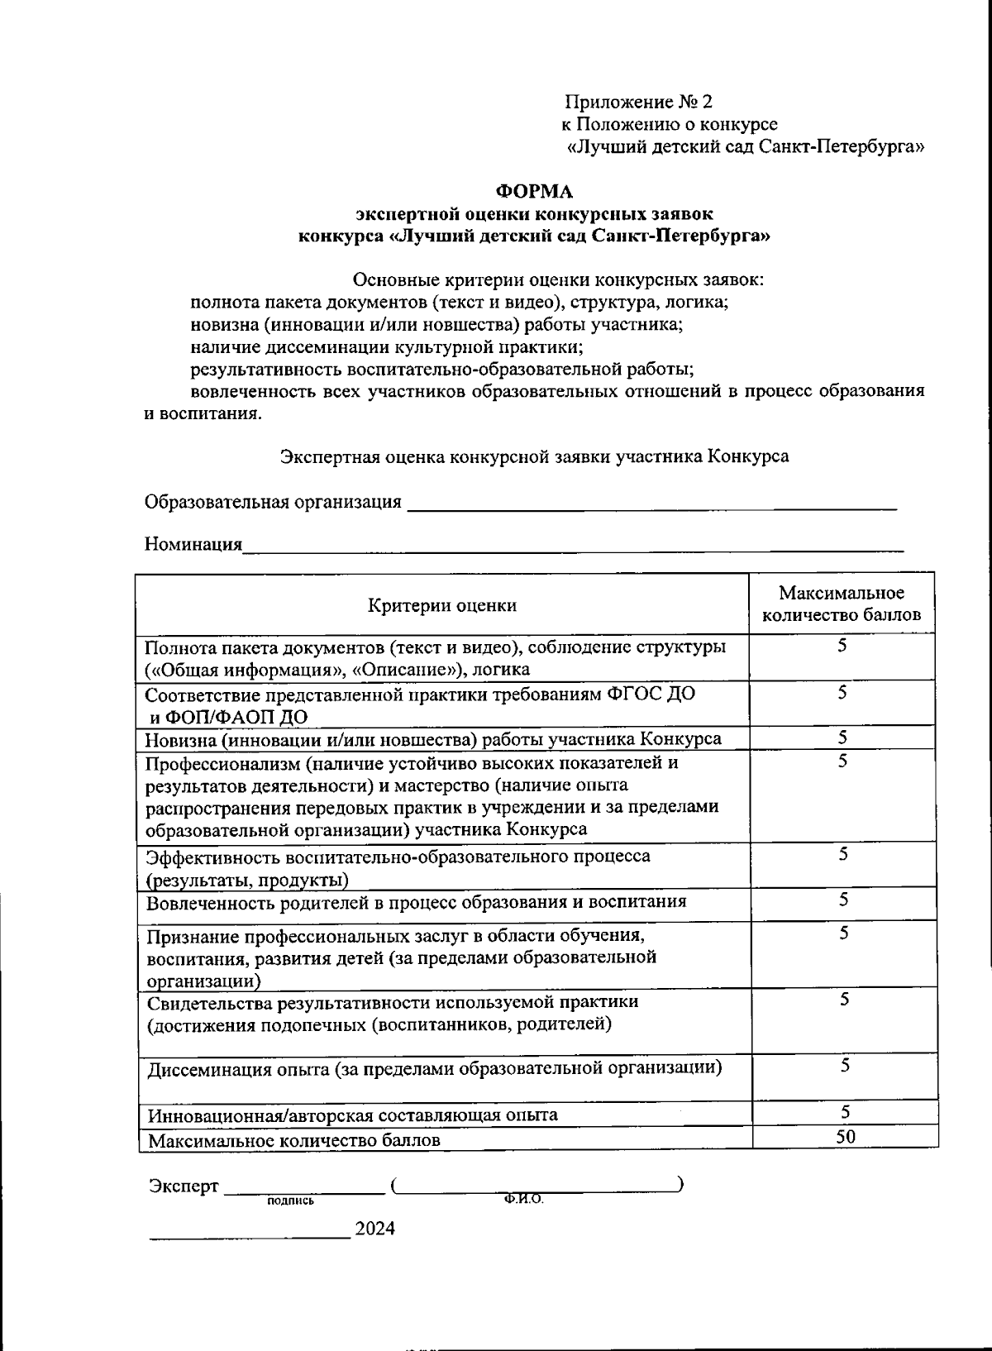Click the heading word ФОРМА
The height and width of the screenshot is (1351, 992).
[x=533, y=192]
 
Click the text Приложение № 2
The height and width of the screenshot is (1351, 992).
[x=638, y=102]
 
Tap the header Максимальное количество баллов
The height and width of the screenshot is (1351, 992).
[x=841, y=604]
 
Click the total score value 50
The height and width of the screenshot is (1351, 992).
[x=845, y=1136]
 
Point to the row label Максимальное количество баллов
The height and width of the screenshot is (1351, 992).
[x=293, y=1140]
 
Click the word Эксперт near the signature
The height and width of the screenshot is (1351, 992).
[x=184, y=1186]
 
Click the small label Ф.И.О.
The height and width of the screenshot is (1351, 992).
[x=522, y=1199]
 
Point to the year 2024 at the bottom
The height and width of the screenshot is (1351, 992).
[x=374, y=1228]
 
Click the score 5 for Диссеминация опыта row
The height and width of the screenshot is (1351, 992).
[x=845, y=1065]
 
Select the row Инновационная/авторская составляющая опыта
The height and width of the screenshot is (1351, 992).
[x=352, y=1115]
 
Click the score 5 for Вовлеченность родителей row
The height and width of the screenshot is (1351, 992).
[x=843, y=900]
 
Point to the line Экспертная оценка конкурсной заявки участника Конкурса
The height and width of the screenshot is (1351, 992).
[x=534, y=456]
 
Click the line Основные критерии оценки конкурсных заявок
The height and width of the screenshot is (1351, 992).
[x=558, y=279]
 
